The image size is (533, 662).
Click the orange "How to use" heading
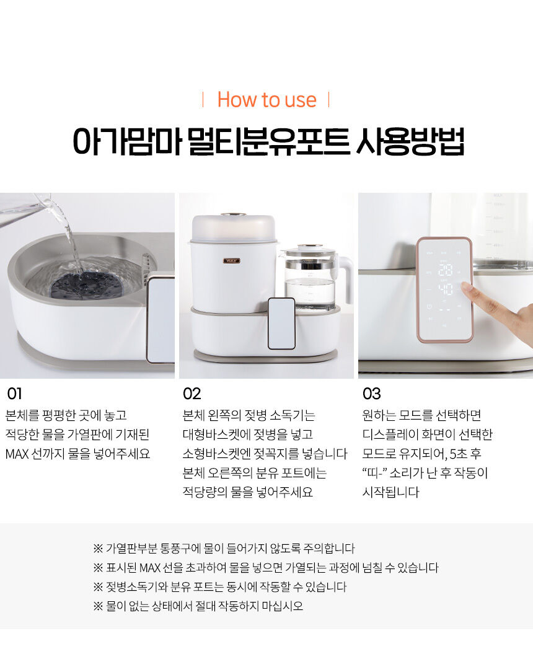(266, 100)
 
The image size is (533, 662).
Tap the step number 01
(14, 394)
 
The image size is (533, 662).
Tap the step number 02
(192, 394)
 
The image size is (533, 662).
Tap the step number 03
(372, 394)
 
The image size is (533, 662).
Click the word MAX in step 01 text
(17, 454)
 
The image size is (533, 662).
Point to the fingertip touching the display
(465, 288)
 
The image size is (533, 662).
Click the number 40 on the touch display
(445, 289)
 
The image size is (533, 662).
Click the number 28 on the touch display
(445, 270)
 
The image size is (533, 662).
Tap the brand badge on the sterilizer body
(232, 260)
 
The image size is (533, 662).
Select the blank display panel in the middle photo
(281, 324)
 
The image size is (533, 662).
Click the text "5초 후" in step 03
(465, 454)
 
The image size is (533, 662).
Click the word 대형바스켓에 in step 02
(216, 435)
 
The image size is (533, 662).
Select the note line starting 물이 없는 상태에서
(198, 606)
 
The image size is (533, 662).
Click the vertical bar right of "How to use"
(328, 100)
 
